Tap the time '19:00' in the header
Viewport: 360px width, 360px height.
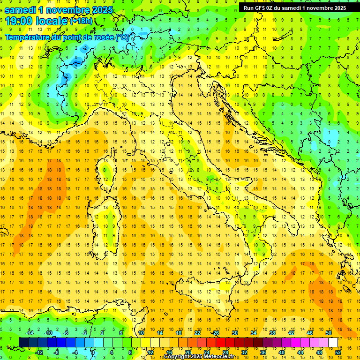click(19, 21)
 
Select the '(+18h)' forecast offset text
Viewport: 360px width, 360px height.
click(81, 21)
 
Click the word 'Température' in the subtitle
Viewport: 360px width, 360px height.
click(27, 37)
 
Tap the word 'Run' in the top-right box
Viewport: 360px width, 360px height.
click(249, 7)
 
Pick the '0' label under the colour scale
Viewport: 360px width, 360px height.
click(93, 352)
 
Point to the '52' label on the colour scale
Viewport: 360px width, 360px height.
click(337, 352)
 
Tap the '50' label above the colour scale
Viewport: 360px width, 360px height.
click(328, 333)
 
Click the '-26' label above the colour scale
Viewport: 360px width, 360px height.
click(215, 333)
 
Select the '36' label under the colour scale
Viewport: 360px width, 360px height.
click(262, 352)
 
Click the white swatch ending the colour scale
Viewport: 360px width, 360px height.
click(333, 342)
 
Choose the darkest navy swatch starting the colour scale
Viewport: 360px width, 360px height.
click(23, 342)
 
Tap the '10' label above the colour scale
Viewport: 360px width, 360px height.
click(141, 333)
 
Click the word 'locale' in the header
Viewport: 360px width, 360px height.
click(52, 21)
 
